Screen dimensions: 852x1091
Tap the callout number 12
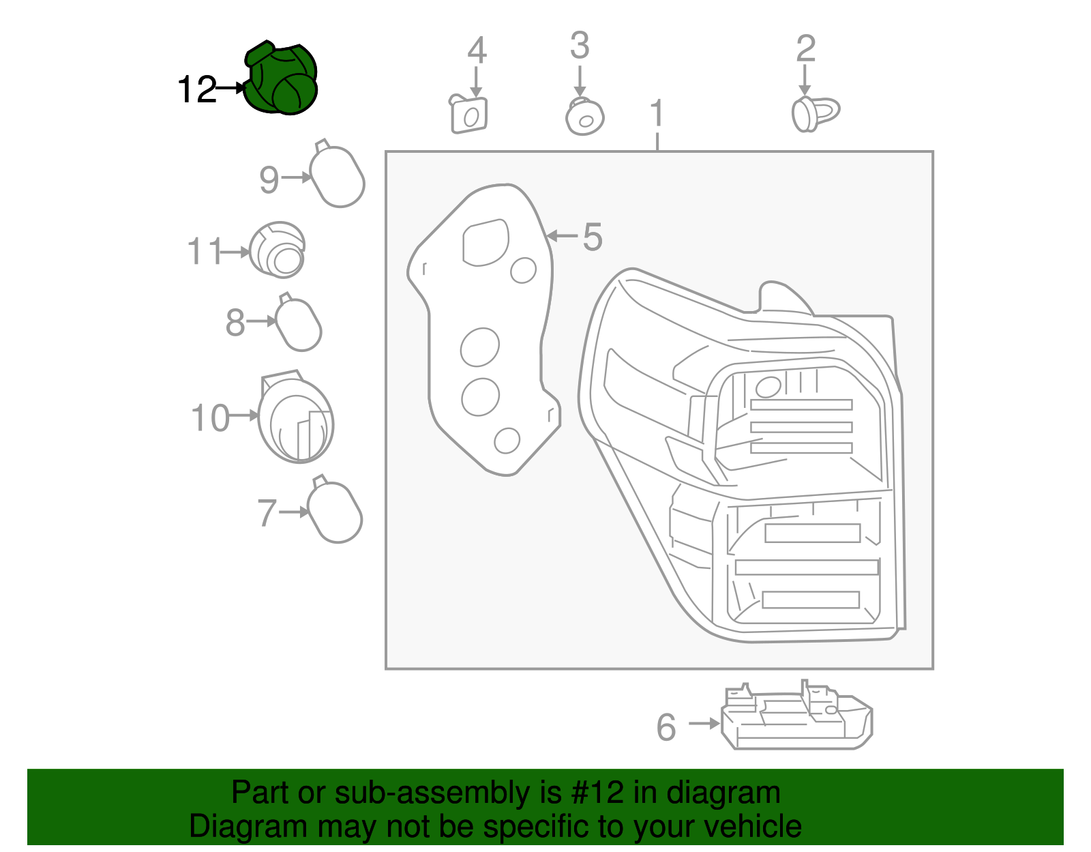click(196, 89)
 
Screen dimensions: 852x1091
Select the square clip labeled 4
click(469, 115)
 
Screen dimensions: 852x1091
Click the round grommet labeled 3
click(584, 117)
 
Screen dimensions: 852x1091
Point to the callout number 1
click(656, 113)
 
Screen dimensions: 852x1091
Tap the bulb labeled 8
click(298, 325)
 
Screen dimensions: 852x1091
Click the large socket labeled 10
click(296, 420)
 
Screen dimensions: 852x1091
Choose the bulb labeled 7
click(334, 512)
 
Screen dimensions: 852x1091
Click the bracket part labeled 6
click(796, 718)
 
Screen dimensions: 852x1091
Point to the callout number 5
click(592, 237)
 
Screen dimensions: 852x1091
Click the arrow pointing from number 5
click(562, 236)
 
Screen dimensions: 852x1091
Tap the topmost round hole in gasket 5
click(523, 270)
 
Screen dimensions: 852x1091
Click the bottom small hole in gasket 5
click(507, 441)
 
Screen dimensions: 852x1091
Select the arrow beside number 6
click(704, 724)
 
